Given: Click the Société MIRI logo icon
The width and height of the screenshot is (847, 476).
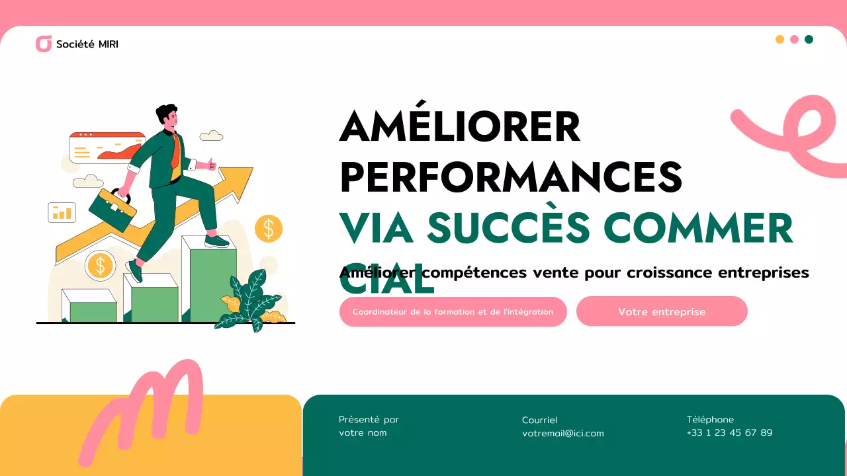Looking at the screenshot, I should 44,44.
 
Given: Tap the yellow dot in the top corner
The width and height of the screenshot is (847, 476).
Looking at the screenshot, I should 780,40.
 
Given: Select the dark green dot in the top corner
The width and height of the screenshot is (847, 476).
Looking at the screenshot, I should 809,40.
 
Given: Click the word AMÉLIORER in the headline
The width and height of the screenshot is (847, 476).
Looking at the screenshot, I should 460,126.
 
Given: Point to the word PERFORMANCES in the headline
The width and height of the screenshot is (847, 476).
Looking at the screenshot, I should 510,177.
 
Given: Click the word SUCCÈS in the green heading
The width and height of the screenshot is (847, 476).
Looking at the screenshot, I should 508,227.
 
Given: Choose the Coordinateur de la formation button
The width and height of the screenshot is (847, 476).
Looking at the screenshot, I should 453,311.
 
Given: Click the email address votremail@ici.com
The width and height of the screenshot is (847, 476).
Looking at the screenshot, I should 562,434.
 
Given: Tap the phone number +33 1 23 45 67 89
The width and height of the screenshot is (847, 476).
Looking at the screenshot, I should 729,433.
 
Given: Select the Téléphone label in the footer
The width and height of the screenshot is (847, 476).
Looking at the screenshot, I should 710,419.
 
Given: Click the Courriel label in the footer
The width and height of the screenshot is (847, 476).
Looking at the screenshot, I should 539,420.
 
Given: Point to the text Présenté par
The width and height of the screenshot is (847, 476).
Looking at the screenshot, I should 369,419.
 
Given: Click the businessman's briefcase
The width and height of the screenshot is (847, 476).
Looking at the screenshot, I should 112,210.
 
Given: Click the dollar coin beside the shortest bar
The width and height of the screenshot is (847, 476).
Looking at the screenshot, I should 101,266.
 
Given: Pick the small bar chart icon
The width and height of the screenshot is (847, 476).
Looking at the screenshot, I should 62,212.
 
